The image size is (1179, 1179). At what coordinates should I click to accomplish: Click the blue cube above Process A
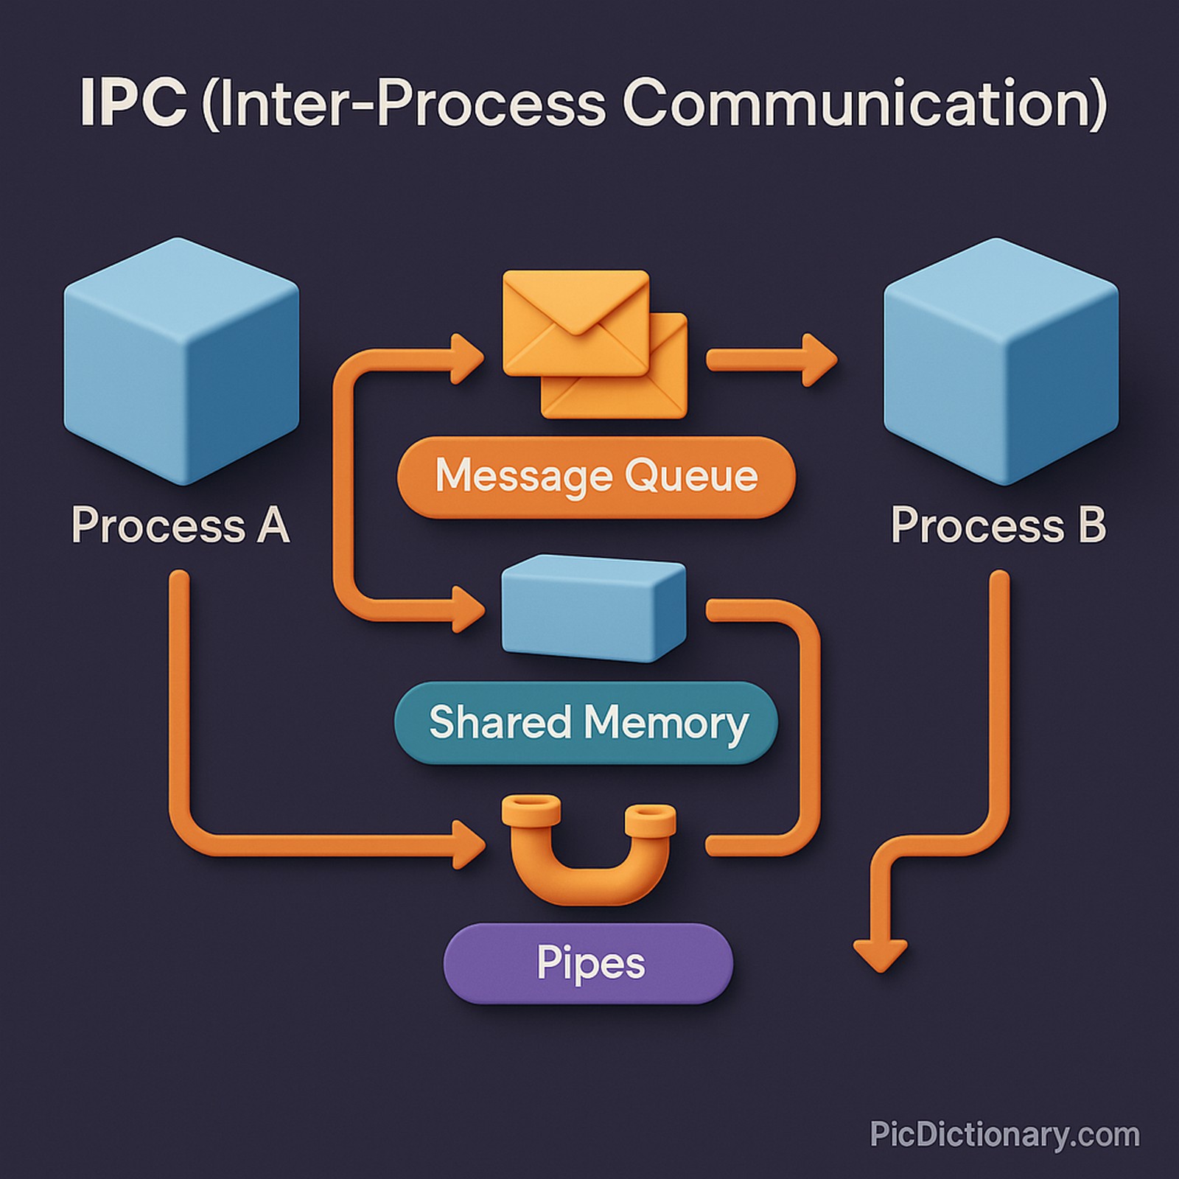pyautogui.click(x=181, y=361)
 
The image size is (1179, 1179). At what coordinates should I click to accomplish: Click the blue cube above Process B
pyautogui.click(x=1001, y=361)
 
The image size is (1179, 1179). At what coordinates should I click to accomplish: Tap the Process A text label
pyautogui.click(x=181, y=525)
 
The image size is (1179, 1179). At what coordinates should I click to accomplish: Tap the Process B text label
pyautogui.click(x=998, y=525)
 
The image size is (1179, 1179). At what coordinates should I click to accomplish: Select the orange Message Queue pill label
pyautogui.click(x=595, y=477)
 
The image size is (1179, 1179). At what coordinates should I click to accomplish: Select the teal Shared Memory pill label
pyautogui.click(x=587, y=723)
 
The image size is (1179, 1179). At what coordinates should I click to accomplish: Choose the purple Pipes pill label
pyautogui.click(x=588, y=963)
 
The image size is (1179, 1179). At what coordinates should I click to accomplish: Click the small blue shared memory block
pyautogui.click(x=593, y=608)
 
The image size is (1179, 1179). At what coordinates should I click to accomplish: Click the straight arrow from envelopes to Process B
pyautogui.click(x=770, y=360)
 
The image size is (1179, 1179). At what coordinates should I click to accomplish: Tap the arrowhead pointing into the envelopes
pyautogui.click(x=466, y=359)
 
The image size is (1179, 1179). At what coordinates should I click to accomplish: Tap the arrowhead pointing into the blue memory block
pyautogui.click(x=467, y=609)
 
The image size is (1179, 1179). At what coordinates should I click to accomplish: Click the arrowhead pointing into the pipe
pyautogui.click(x=467, y=844)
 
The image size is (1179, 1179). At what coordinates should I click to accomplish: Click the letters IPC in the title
pyautogui.click(x=133, y=103)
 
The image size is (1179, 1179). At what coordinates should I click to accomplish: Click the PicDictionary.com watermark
pyautogui.click(x=1004, y=1134)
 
